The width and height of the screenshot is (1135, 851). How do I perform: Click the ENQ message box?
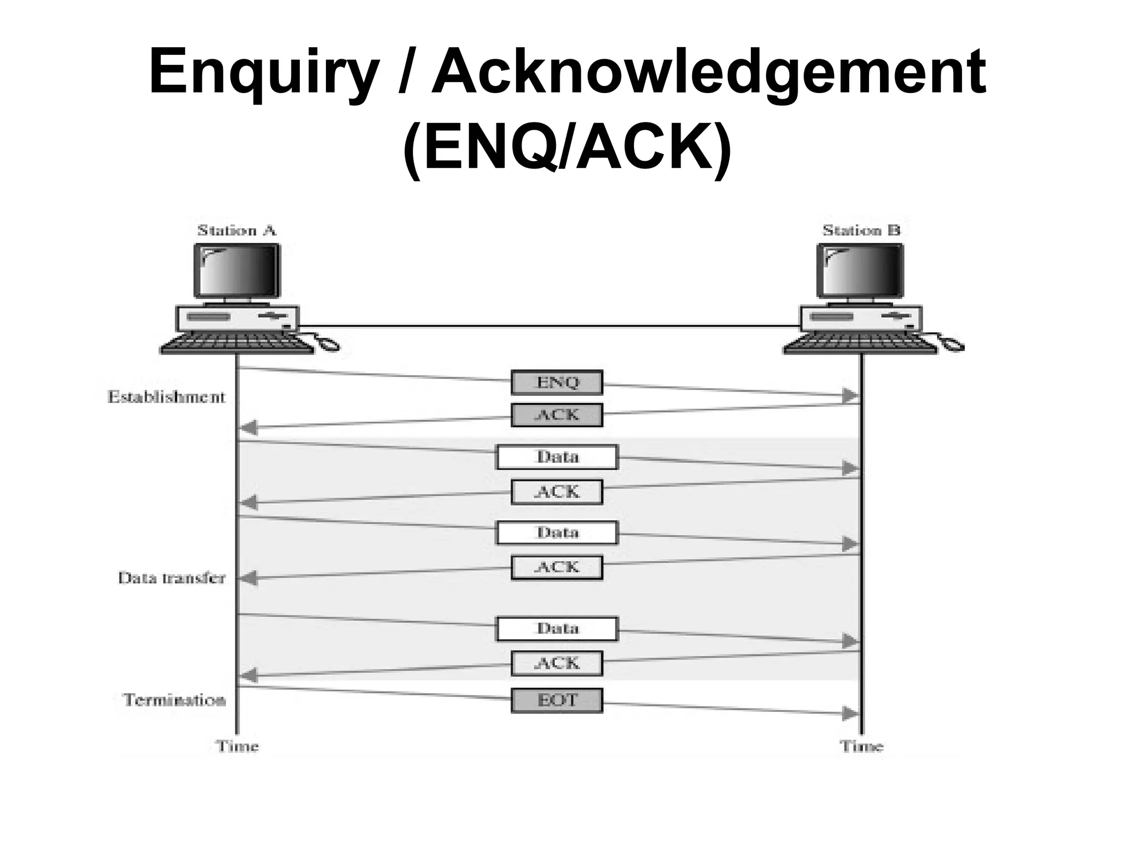point(556,382)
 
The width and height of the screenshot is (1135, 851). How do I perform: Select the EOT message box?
point(556,700)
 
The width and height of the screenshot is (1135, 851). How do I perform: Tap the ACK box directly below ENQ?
point(556,415)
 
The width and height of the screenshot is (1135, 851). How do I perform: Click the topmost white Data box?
point(556,457)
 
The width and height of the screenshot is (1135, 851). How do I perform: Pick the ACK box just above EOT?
point(556,663)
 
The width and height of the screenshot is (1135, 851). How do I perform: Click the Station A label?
point(237,230)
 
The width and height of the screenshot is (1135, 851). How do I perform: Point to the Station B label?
point(861,230)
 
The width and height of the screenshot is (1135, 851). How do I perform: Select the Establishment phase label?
point(166,397)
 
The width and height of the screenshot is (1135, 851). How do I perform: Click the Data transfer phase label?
point(171,578)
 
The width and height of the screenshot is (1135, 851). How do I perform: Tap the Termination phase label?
point(174,700)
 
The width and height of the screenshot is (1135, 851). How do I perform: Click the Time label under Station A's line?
point(237,746)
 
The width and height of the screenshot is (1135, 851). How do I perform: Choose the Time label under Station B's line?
point(861,746)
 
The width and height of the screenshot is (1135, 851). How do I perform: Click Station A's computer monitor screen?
point(237,271)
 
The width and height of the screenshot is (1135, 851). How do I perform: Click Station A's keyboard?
point(237,343)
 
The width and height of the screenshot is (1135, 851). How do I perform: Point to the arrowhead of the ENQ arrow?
point(850,396)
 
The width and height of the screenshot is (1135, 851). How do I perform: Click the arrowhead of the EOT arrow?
point(850,714)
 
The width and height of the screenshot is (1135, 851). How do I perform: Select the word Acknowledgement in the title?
point(709,73)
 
